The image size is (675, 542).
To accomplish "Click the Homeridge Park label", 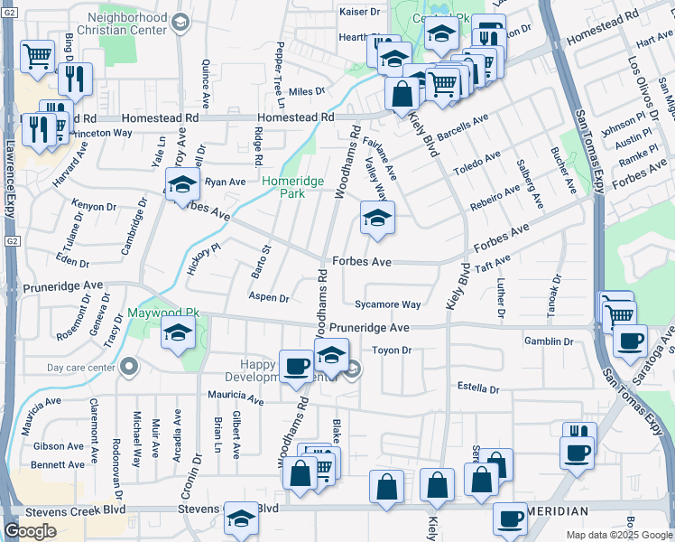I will [293, 187].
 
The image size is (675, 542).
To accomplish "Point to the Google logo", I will [30, 531].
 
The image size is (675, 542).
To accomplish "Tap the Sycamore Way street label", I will [387, 305].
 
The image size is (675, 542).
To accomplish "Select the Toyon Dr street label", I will [392, 350].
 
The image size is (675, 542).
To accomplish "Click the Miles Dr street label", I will [307, 92].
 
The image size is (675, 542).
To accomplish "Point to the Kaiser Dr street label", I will [360, 12].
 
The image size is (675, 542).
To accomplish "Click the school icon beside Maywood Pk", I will [179, 333].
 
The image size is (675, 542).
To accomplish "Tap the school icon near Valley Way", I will [377, 217].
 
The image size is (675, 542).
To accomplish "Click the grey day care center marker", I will [129, 368].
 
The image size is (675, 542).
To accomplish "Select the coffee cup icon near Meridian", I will [511, 519].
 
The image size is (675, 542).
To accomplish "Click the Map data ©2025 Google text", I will [620, 535].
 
